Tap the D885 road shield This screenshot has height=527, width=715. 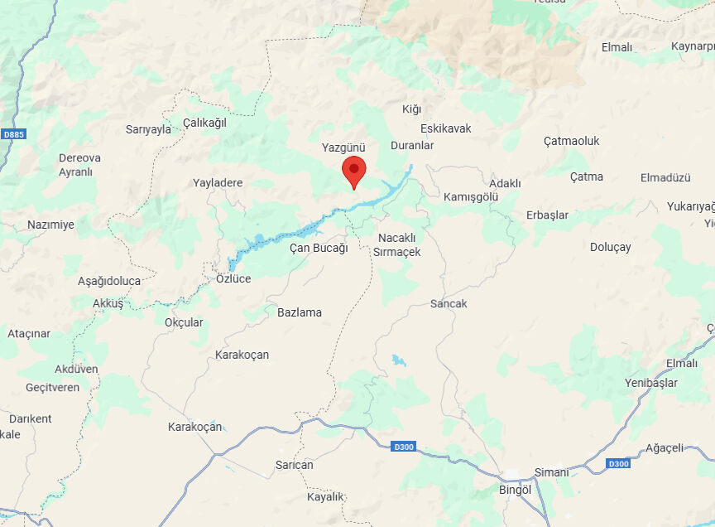click(12, 134)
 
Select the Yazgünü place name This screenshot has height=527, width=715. click(343, 147)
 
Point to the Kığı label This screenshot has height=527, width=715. click(411, 109)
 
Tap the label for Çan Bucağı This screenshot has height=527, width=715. click(319, 248)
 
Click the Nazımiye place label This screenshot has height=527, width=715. click(50, 225)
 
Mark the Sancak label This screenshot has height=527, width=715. click(449, 303)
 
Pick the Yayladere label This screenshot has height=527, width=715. click(218, 183)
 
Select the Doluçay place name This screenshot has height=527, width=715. click(611, 247)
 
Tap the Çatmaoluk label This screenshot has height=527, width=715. click(571, 141)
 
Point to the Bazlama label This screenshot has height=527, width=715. click(300, 312)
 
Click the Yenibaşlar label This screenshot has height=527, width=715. click(651, 383)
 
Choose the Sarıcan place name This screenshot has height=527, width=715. click(295, 465)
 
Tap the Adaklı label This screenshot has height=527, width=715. click(505, 183)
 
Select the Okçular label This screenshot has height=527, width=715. click(184, 322)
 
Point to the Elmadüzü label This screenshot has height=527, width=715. click(665, 177)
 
